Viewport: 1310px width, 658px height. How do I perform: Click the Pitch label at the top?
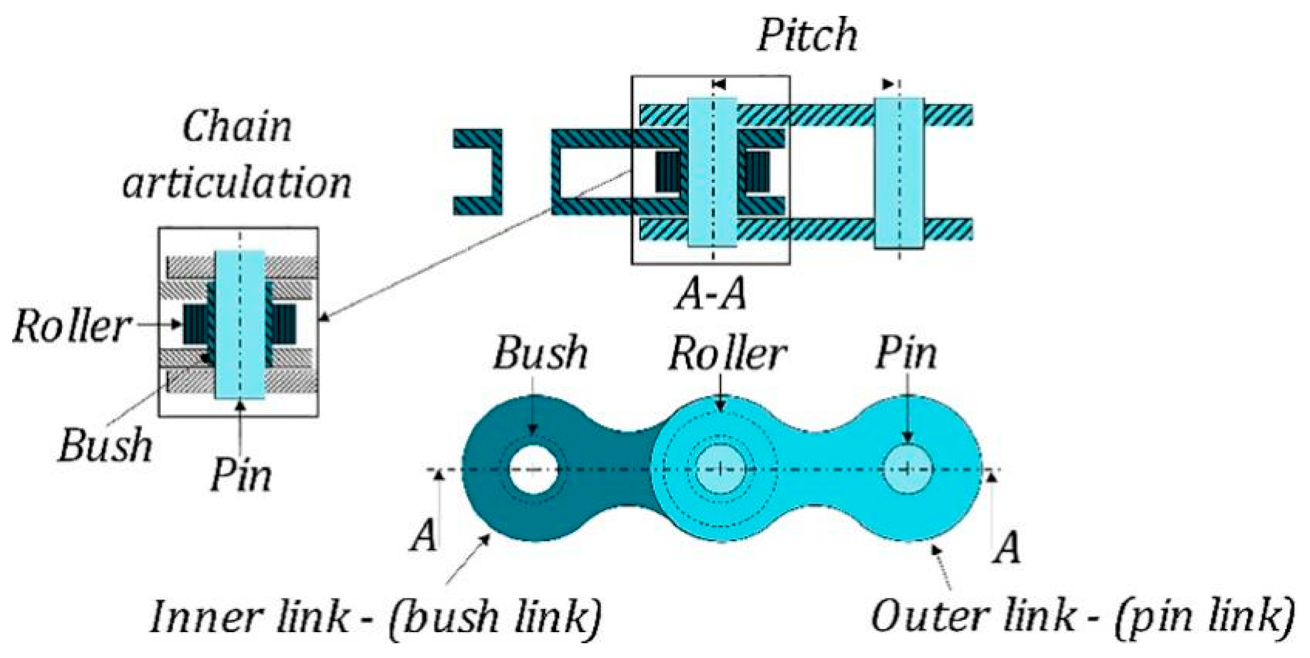(x=807, y=34)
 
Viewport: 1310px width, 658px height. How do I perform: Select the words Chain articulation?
(x=237, y=156)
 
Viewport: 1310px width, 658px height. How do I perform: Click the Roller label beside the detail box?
(x=71, y=326)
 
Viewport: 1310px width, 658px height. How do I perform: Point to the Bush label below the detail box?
(x=105, y=445)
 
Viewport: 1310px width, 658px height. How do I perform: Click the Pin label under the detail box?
(x=241, y=475)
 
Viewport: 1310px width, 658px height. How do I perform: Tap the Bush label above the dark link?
(x=540, y=353)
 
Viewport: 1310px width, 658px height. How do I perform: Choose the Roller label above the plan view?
(x=728, y=354)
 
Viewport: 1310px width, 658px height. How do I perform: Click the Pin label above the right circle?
(x=906, y=353)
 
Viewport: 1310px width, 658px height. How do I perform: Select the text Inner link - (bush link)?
(x=376, y=617)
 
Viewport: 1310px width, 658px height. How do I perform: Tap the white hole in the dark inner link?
(x=533, y=469)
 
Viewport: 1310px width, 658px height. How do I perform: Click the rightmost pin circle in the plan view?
(x=907, y=468)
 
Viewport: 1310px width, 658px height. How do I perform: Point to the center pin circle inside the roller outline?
(x=720, y=468)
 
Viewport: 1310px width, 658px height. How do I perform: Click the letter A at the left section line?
(x=424, y=535)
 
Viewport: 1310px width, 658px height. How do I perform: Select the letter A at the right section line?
(x=1007, y=548)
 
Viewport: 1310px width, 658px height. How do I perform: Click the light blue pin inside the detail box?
(x=239, y=325)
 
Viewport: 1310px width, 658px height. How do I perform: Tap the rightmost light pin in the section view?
(x=899, y=172)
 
